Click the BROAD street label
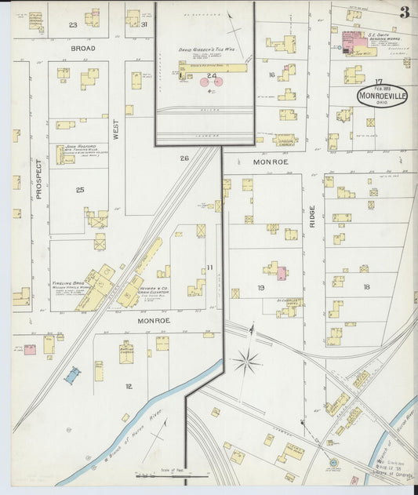(82, 49)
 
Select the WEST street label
(115, 126)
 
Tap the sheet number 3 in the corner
(404, 12)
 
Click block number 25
(80, 190)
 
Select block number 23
(73, 25)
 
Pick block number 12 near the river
(128, 386)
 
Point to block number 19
(260, 288)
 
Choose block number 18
(365, 288)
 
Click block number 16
(271, 75)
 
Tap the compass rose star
(245, 362)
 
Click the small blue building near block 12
(72, 376)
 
